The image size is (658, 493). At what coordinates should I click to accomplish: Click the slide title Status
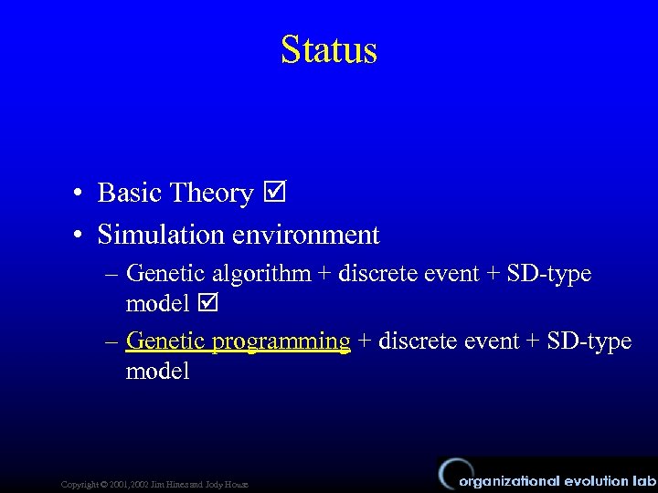point(329,49)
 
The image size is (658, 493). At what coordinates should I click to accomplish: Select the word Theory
point(211,194)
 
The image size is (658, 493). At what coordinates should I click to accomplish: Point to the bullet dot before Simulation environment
point(81,236)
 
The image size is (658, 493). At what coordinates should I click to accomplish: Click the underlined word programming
point(281,342)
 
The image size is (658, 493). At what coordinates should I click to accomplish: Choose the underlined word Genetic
point(166,341)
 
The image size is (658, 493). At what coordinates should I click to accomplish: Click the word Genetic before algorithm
point(166,274)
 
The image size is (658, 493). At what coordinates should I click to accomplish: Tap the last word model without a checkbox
point(157,371)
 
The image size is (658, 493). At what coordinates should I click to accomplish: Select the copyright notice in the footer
point(154,484)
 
